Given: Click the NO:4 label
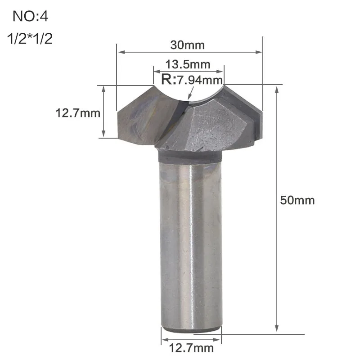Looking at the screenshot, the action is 30,16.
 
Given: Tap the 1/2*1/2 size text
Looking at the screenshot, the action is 30,38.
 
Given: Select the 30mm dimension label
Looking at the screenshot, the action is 187,45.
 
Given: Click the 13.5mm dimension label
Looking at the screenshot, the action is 188,64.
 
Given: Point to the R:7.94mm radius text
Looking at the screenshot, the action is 192,80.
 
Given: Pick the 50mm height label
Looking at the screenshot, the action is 297,200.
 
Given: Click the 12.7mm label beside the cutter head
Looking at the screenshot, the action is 78,113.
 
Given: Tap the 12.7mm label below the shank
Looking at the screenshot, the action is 192,348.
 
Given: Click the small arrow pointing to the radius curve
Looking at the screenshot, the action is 190,93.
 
